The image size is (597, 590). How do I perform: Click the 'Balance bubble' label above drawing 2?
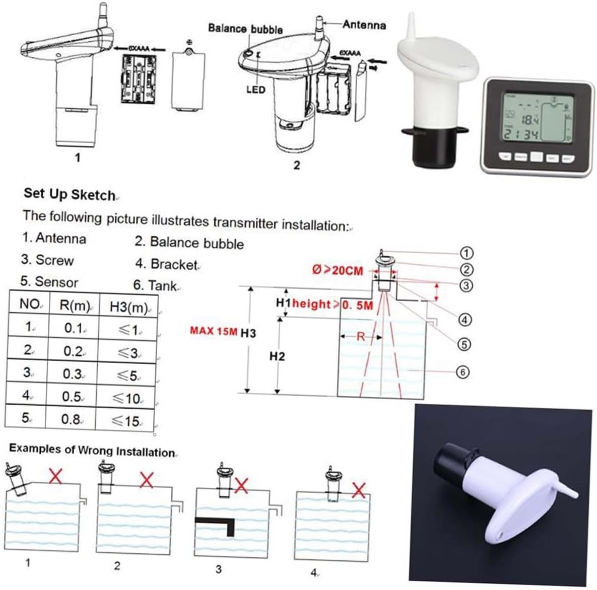point(245,29)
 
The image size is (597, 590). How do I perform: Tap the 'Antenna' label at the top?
point(364,24)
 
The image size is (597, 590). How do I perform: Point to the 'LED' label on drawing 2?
point(255,90)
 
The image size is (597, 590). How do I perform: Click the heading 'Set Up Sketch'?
point(70,194)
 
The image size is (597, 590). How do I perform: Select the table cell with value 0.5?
point(72,396)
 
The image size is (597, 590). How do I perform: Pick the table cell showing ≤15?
point(125,420)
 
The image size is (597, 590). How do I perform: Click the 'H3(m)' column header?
point(128,307)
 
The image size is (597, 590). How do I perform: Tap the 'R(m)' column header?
point(75,306)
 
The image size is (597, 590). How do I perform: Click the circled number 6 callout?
point(462,372)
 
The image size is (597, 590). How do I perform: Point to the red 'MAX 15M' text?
point(213,331)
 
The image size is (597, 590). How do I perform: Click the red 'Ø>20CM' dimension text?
point(338,270)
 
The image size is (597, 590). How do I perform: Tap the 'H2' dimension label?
point(277,356)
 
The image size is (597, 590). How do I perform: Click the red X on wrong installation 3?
point(242,485)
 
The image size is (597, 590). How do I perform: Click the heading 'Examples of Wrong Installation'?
point(92,450)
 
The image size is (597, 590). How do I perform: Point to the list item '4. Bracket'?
point(166,264)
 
